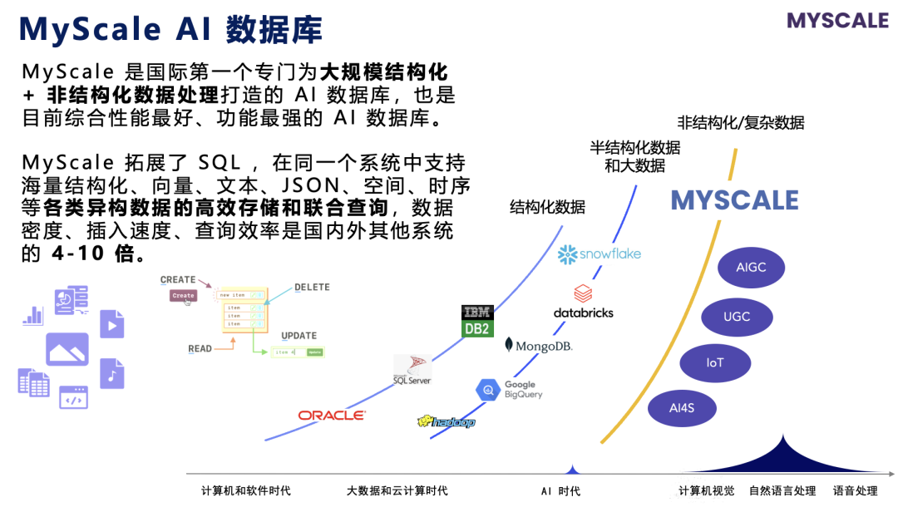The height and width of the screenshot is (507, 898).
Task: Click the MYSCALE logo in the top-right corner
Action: (x=837, y=21)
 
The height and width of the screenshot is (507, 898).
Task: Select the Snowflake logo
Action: (x=599, y=253)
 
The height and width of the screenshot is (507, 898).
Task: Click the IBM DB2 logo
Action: (x=477, y=321)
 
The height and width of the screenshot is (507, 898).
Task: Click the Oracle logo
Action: (x=331, y=415)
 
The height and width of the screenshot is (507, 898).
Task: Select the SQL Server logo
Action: (x=412, y=370)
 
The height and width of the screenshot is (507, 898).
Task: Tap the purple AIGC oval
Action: (x=751, y=268)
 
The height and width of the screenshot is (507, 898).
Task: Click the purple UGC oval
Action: (x=737, y=317)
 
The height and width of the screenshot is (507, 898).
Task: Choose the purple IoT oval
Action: (x=715, y=363)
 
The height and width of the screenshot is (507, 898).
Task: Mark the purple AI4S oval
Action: (x=681, y=408)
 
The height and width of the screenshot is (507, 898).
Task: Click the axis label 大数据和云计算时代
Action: (x=397, y=491)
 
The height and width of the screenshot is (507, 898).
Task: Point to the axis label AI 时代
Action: (x=560, y=491)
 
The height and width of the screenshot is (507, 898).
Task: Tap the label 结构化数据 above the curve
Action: (x=547, y=207)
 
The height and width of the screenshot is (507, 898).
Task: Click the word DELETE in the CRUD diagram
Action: (x=312, y=288)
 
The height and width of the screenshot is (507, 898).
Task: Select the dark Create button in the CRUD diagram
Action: (x=183, y=295)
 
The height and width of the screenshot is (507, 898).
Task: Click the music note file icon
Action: (x=111, y=374)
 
